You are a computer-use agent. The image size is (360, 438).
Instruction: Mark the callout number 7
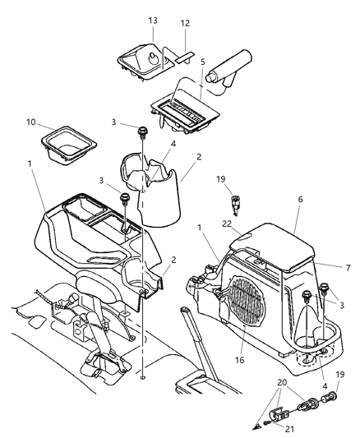coord(327,268)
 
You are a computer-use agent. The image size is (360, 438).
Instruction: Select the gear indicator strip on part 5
coord(179,108)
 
